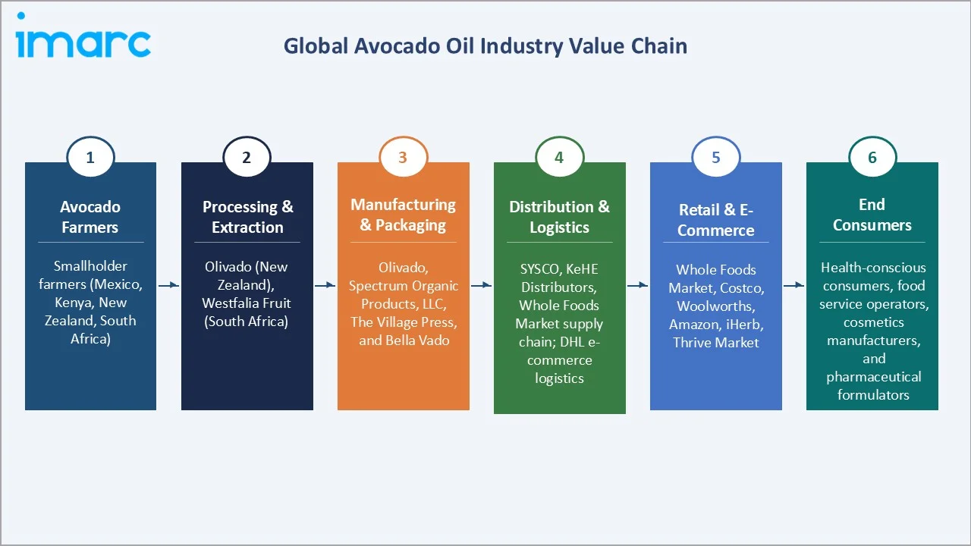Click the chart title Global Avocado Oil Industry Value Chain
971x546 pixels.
coord(485,46)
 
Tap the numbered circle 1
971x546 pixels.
coord(90,158)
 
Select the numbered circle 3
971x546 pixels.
coord(403,158)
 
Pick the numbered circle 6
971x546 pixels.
coord(872,158)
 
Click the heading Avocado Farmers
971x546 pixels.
coord(90,217)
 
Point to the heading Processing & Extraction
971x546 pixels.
coord(247,217)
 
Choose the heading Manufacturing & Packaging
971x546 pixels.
coord(403,215)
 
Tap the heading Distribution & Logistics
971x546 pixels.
coord(559,217)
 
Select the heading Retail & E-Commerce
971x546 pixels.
coord(715,220)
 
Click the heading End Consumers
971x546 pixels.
coord(872,215)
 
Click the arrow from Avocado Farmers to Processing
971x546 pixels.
coord(168,285)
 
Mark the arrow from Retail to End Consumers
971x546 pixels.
coord(793,285)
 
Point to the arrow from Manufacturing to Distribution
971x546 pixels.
coord(481,285)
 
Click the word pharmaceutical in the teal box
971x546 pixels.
coord(873,377)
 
